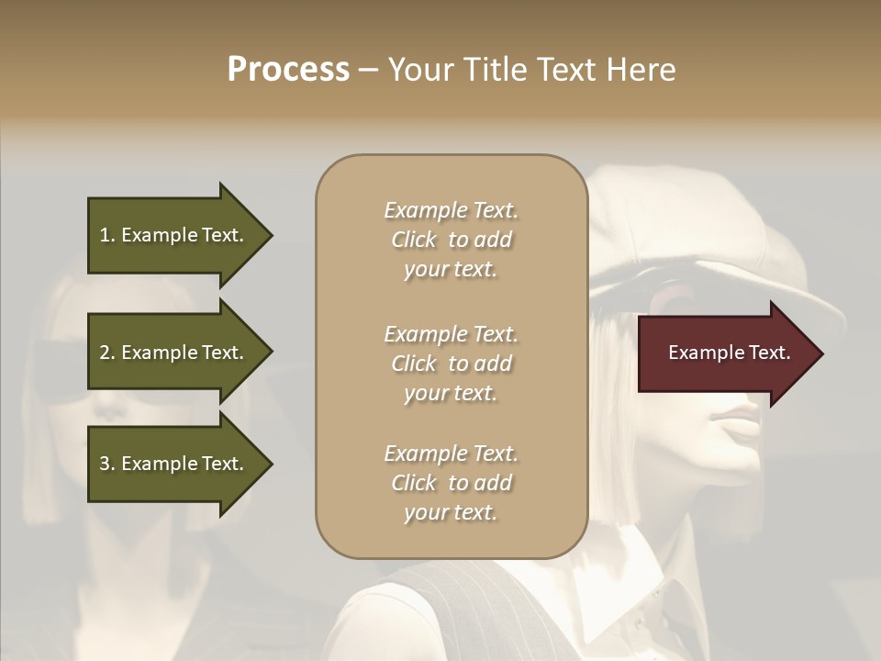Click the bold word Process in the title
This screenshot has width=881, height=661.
click(288, 70)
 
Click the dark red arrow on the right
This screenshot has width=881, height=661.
click(725, 353)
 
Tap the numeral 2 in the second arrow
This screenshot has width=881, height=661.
click(105, 353)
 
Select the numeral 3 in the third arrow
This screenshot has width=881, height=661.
click(105, 464)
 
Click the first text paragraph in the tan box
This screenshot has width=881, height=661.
click(451, 240)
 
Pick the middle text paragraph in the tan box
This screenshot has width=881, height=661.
click(451, 363)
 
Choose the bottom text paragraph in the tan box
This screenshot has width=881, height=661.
click(451, 483)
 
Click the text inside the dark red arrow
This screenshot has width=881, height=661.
click(729, 353)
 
